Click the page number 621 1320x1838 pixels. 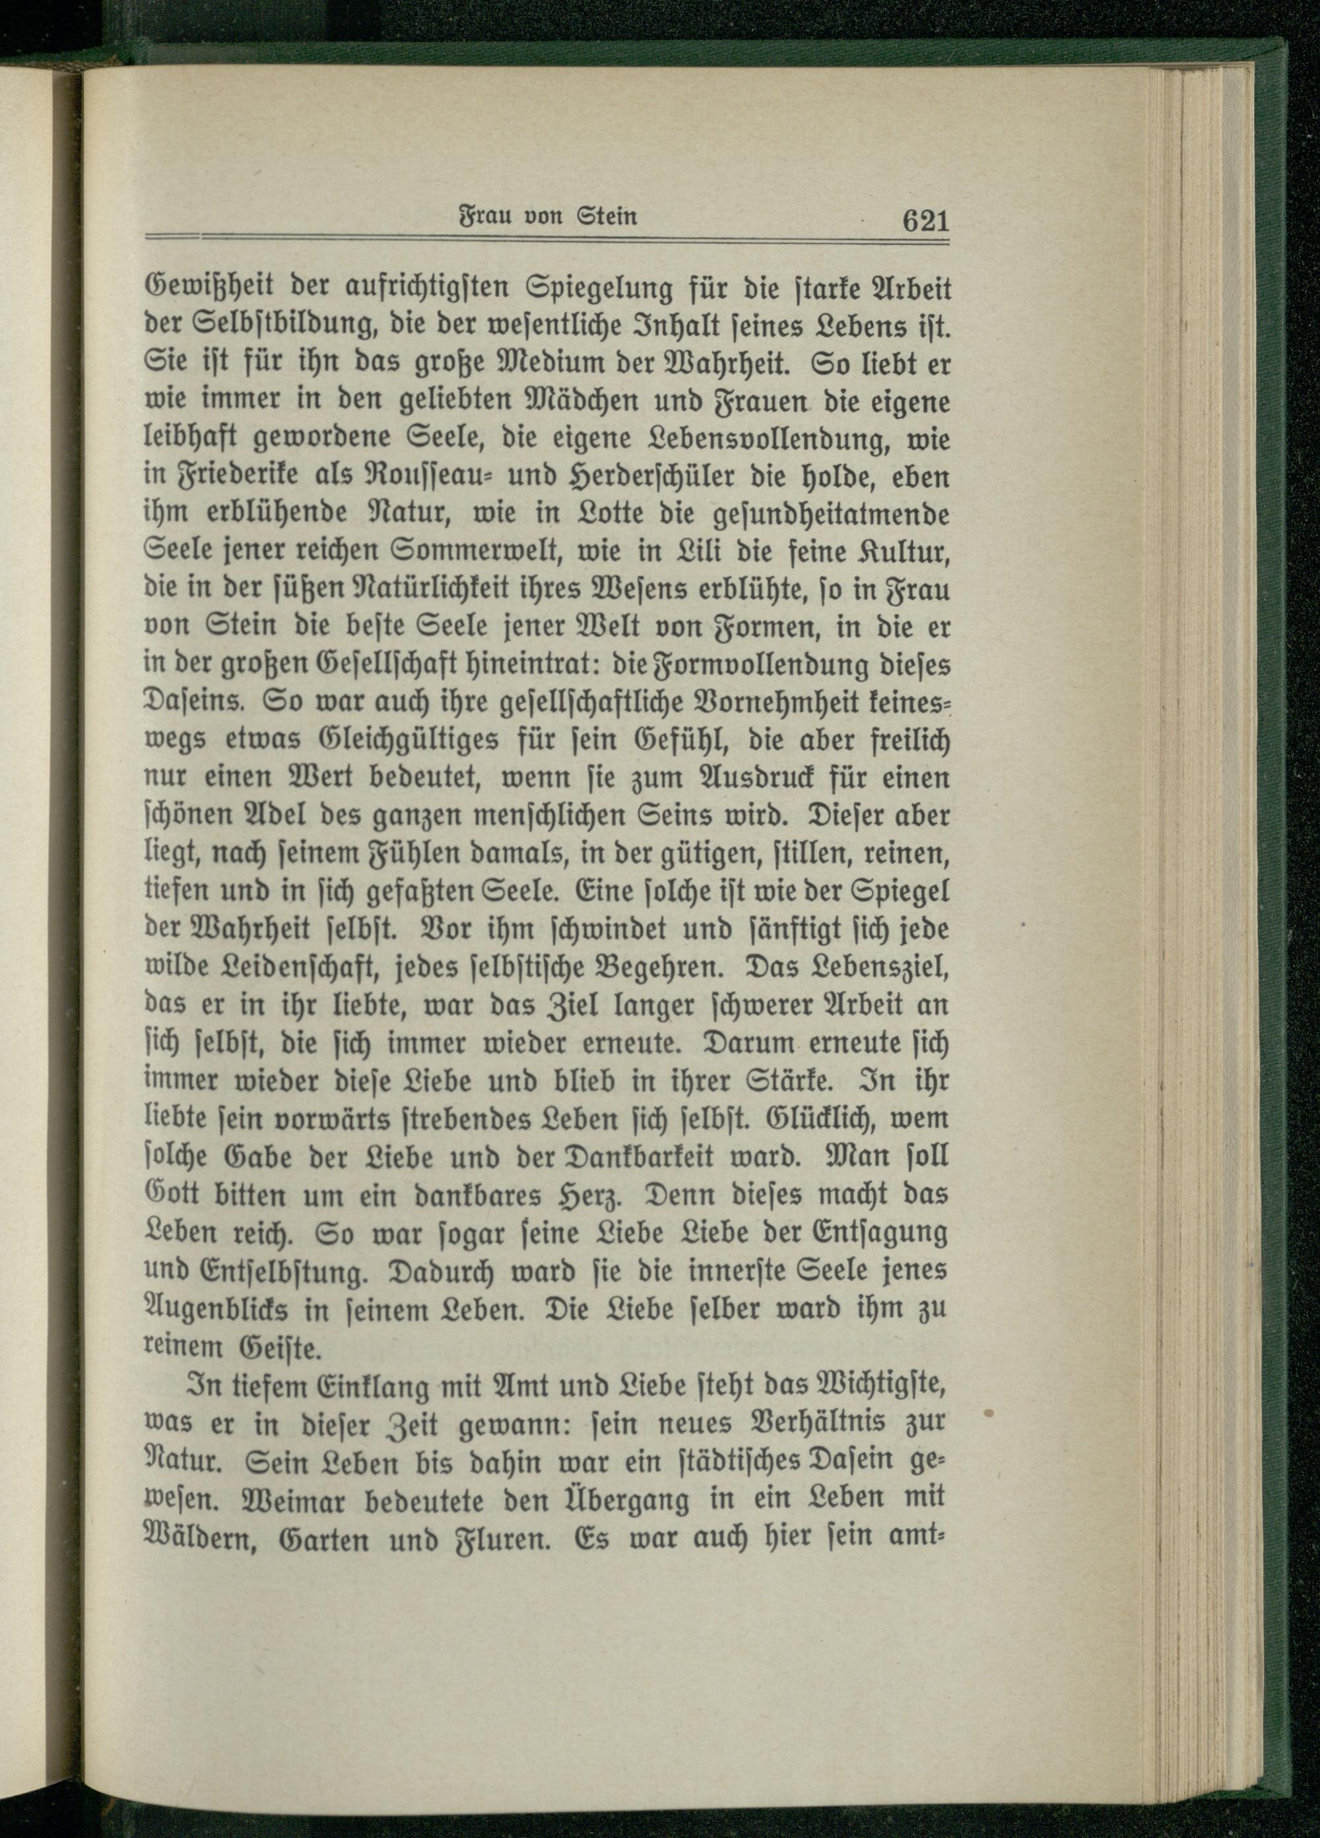tap(924, 220)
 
